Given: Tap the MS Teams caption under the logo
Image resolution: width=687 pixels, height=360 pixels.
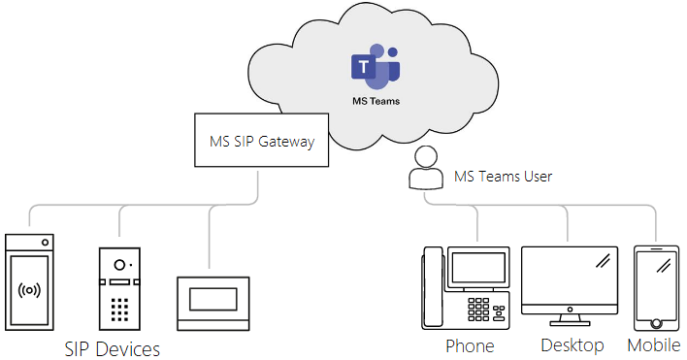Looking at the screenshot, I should (x=375, y=100).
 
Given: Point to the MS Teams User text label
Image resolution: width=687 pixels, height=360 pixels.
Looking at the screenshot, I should (x=504, y=177).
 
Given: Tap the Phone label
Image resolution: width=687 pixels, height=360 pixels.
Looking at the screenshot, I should (x=470, y=345).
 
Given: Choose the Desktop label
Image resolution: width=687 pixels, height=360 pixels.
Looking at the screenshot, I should (x=572, y=345).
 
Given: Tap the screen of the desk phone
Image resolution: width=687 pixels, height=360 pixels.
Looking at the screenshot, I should (x=477, y=268).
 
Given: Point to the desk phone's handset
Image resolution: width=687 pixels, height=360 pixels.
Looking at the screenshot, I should (x=432, y=287).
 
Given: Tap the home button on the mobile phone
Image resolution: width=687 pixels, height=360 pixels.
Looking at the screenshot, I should (x=656, y=322).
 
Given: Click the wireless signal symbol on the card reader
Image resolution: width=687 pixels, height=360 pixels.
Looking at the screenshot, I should (x=29, y=290).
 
